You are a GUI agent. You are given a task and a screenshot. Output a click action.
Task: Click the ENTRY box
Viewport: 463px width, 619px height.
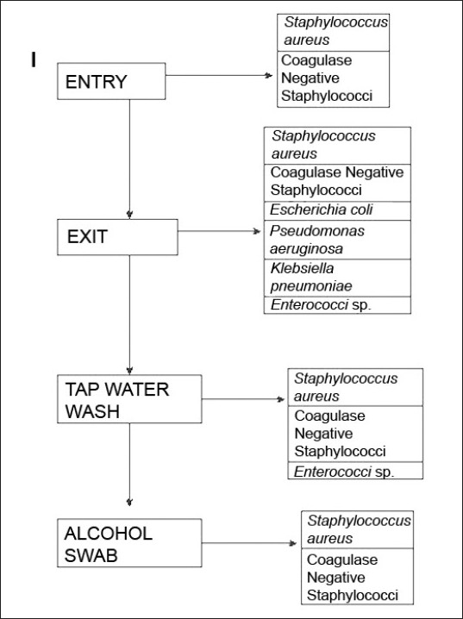click(111, 81)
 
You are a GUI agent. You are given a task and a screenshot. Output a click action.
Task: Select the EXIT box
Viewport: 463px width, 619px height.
click(117, 237)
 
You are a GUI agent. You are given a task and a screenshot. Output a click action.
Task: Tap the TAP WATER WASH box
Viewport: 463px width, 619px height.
click(129, 398)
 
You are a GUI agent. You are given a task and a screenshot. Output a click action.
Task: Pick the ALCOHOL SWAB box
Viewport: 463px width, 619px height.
click(129, 543)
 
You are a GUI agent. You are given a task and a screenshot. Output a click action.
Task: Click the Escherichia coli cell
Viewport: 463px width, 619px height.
click(337, 210)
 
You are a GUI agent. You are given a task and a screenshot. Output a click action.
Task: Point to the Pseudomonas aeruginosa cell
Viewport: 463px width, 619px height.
click(337, 240)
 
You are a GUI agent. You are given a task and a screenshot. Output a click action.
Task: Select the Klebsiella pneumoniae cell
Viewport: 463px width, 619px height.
click(337, 278)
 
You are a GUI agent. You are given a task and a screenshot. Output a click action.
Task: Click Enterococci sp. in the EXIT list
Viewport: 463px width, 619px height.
click(337, 305)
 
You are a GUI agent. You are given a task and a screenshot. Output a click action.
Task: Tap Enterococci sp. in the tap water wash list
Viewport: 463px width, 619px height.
click(355, 471)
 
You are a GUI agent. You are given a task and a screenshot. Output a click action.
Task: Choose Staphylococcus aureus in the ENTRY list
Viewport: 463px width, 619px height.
click(333, 33)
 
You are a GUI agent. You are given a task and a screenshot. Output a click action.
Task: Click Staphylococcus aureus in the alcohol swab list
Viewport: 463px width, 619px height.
click(357, 529)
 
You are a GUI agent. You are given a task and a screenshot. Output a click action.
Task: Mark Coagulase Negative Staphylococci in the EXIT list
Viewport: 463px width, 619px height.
click(337, 183)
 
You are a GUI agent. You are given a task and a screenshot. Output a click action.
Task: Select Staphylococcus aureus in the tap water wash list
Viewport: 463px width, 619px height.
click(355, 387)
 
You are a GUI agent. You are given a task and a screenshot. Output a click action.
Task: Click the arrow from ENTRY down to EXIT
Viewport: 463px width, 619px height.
click(129, 159)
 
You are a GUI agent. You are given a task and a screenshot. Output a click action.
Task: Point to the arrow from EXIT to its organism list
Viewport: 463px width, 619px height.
click(219, 231)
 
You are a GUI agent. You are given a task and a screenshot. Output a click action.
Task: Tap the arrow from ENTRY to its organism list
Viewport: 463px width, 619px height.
click(219, 75)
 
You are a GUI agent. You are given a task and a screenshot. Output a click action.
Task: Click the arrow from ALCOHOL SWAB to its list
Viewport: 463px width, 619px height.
click(249, 543)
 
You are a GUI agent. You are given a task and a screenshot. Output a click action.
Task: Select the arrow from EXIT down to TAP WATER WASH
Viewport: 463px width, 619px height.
click(129, 315)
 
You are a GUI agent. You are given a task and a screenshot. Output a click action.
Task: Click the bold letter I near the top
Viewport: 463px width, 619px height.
click(34, 59)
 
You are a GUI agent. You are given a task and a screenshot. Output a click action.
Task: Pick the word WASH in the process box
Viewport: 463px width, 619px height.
click(92, 411)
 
